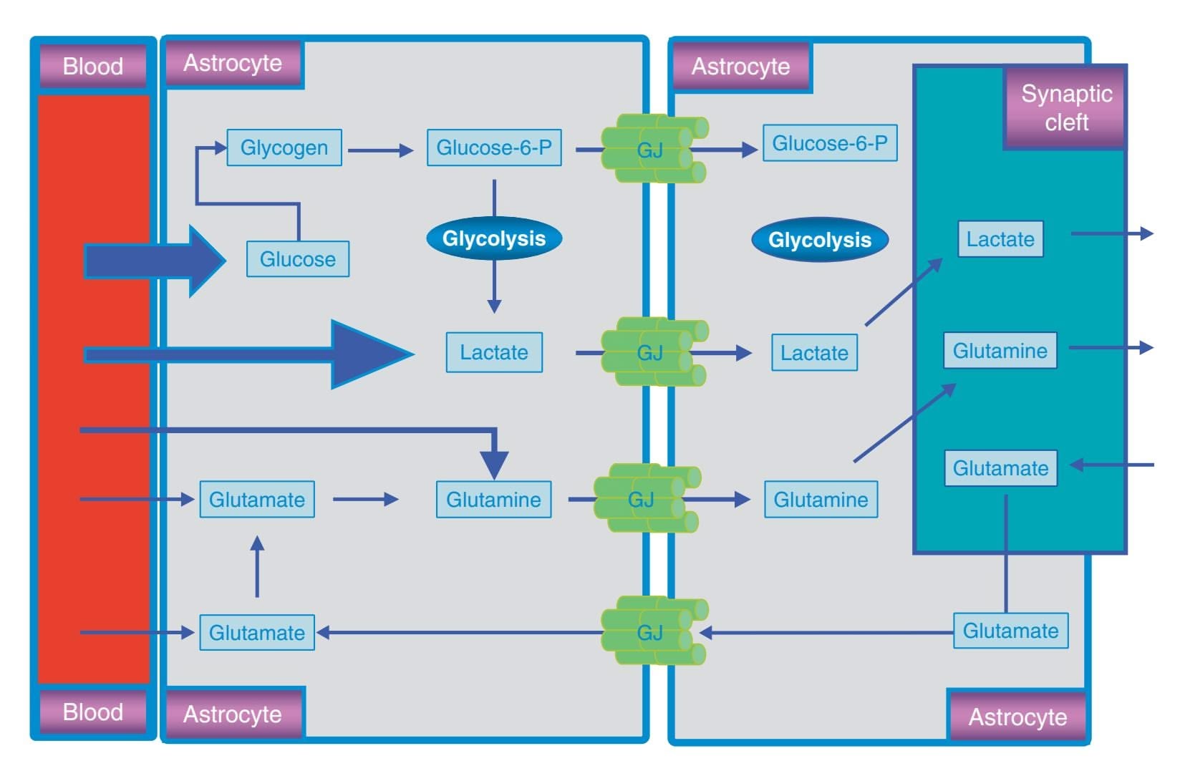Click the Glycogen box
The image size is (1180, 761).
coord(284,147)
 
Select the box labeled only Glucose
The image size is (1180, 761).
coord(298,259)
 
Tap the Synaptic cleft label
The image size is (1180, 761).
coord(1066,107)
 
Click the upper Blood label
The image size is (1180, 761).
coord(93,66)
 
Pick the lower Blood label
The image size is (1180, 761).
coord(93,712)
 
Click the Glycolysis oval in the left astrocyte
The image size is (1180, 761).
coord(494,238)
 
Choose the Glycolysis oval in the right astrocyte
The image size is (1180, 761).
coord(820,240)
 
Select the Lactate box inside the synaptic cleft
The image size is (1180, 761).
coord(1000,239)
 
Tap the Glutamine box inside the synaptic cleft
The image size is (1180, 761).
coord(1000,351)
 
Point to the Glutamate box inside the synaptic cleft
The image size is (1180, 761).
coord(1000,468)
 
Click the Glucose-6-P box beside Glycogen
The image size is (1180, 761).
coord(494,147)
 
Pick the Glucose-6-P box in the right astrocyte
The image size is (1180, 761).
coord(830,143)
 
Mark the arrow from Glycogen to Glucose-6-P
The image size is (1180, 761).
coord(380,150)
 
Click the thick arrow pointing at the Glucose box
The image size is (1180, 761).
coord(154,261)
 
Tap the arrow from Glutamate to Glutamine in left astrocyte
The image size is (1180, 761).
coord(365,499)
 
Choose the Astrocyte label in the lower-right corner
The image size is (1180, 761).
coord(1017,717)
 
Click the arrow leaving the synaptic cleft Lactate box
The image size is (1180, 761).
coord(1111,233)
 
